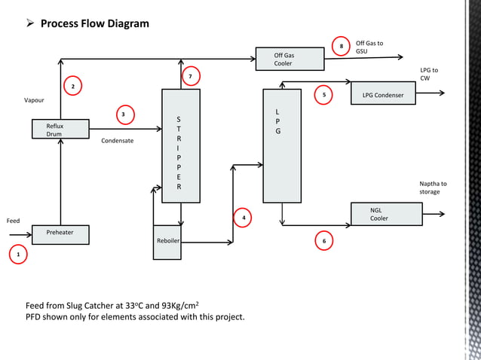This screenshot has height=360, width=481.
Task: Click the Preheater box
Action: pos(60,234)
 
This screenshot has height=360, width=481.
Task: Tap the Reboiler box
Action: pos(167,242)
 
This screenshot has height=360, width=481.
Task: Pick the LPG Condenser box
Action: pos(383,96)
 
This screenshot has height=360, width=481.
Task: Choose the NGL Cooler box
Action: pos(386,214)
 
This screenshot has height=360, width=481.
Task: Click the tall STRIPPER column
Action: pos(181,146)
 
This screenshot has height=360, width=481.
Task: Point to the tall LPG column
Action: pos(281,146)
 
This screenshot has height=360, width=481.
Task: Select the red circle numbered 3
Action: pos(124,114)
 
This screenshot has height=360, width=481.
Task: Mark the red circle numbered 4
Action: pos(243,218)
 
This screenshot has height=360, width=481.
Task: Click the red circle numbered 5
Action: pos(323,95)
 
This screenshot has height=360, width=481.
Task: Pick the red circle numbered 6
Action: pos(324,241)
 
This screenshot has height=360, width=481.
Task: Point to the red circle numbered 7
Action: pos(190,77)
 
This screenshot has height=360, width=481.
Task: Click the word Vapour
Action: pos(34,100)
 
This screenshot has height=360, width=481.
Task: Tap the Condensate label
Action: pos(117,140)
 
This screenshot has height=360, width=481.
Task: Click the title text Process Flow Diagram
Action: pos(94,23)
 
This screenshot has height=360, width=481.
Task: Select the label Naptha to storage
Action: pos(433,188)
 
